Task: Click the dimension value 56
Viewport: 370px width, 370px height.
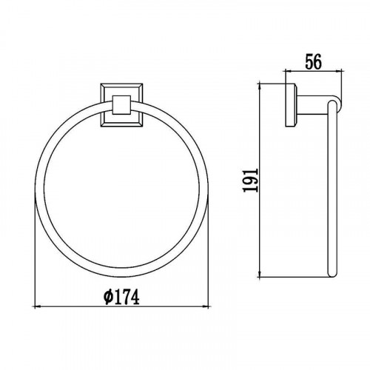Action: tap(314, 61)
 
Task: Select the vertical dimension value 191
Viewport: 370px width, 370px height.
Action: tap(251, 181)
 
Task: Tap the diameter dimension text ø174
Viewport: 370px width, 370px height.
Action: tap(121, 297)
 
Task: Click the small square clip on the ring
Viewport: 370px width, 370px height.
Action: tap(121, 105)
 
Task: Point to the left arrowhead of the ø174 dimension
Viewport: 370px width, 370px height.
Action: tap(37, 306)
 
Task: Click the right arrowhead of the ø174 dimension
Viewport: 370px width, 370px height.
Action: tap(205, 306)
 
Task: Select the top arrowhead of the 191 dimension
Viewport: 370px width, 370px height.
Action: tap(260, 87)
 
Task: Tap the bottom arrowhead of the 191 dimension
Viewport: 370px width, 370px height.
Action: tap(260, 273)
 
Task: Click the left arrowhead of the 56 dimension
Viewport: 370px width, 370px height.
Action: tap(289, 72)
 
